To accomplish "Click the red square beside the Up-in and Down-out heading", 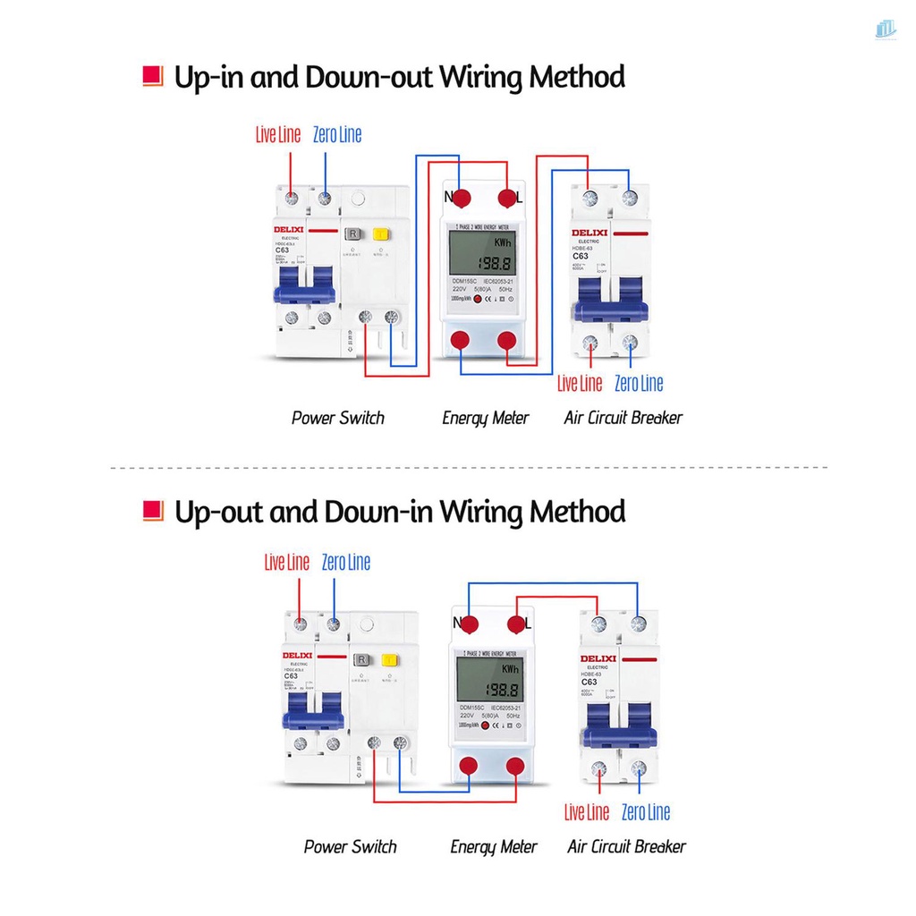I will tap(153, 76).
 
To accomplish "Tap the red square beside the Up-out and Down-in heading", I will tap(153, 511).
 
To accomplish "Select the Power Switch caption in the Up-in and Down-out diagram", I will tap(337, 418).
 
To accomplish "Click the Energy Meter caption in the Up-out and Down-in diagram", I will tap(494, 846).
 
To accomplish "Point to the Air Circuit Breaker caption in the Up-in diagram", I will tap(623, 418).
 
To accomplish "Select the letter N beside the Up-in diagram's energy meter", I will tap(450, 196).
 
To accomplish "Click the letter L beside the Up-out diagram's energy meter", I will tap(528, 623).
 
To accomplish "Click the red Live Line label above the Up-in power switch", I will tap(278, 135).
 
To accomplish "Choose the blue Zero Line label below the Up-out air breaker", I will tap(645, 812).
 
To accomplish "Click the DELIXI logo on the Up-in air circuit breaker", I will tap(589, 233).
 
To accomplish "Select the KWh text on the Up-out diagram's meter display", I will tap(511, 668).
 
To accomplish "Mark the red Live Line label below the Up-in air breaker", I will tap(580, 384).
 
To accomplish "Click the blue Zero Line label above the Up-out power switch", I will tap(346, 563).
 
